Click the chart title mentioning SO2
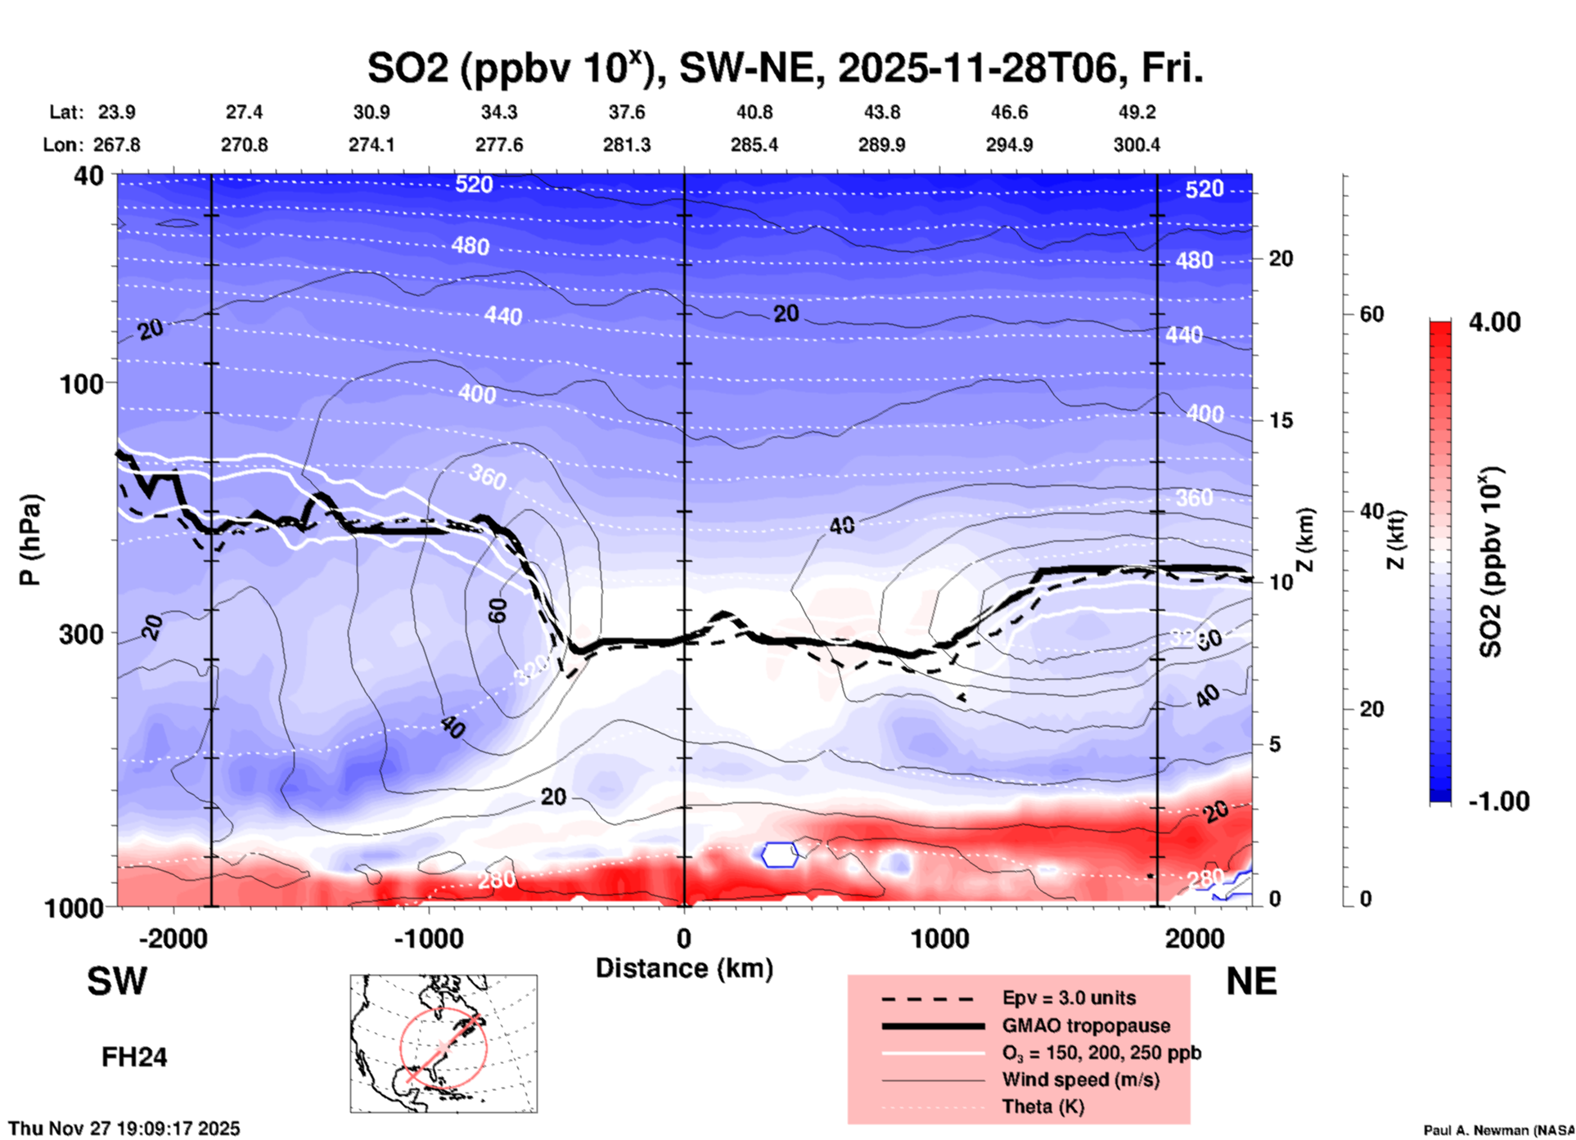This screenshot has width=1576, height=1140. (x=785, y=69)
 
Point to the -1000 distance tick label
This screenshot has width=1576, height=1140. (x=428, y=939)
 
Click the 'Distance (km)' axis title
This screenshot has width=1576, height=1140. (x=684, y=968)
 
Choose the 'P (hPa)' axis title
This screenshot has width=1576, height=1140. (x=30, y=540)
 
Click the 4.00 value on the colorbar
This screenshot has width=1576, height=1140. (x=1494, y=322)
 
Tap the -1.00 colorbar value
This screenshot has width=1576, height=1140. (x=1497, y=801)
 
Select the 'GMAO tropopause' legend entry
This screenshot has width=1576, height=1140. (x=1086, y=1026)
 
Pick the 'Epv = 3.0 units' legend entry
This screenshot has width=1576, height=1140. (x=1069, y=999)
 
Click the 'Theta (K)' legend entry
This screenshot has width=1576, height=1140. (x=1042, y=1106)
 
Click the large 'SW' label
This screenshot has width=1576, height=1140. (x=117, y=981)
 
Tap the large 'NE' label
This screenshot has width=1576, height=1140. (x=1251, y=981)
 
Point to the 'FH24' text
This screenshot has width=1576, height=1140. (x=134, y=1057)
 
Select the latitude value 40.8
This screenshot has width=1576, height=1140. (x=754, y=112)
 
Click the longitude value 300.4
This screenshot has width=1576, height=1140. (x=1136, y=145)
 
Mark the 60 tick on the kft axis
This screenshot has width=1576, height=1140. (x=1371, y=314)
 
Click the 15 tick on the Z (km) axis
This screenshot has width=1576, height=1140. (x=1281, y=420)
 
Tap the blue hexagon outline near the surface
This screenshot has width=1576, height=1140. (x=780, y=855)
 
